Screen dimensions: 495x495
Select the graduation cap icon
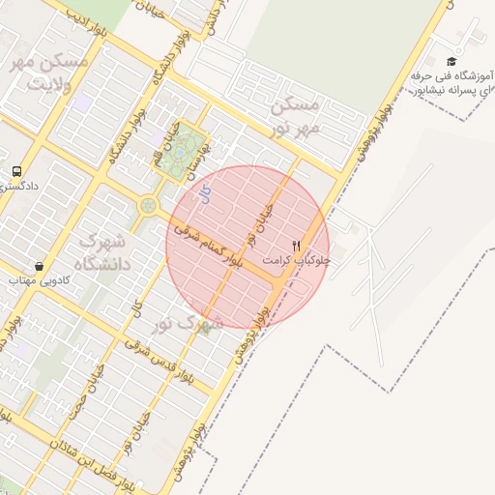click(451, 61)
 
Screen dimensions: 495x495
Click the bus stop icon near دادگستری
click(16, 170)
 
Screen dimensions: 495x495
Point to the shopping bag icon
click(38, 266)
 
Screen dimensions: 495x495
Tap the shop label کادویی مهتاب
click(36, 280)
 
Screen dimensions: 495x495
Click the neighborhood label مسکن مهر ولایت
click(49, 73)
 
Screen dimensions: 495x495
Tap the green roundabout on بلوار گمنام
click(148, 205)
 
